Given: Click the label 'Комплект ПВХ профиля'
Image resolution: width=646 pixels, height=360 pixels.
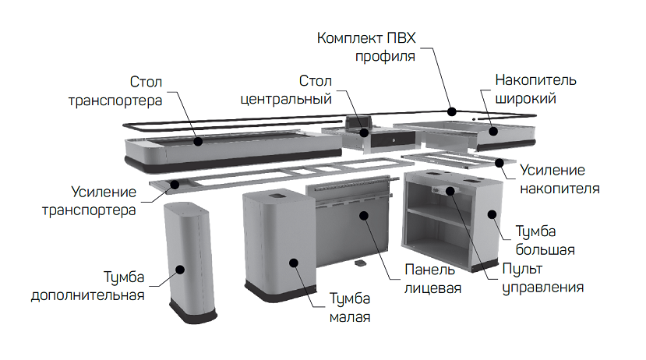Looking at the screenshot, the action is pos(366,47).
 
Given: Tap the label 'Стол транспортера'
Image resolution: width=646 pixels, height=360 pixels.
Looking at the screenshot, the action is pos(115,91).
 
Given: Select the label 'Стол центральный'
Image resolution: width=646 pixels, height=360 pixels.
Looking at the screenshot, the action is pos(286,90).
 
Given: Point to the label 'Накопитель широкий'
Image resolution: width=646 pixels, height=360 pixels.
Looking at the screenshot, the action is pos(535,89).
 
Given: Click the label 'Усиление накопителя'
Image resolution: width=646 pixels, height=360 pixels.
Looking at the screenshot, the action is pos(560,179).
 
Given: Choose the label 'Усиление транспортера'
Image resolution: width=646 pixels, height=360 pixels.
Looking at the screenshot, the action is pos(89,201).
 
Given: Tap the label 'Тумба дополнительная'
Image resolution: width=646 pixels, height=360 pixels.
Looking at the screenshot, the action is pos(88,286).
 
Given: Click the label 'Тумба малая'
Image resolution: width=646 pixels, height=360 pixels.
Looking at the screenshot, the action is pos(350,308).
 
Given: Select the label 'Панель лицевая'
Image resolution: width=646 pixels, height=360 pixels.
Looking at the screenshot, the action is pos(432,279).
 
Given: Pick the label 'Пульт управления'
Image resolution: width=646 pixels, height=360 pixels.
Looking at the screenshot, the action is pos(542,278).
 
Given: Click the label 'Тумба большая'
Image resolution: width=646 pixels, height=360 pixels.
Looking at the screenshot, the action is pos(545,241).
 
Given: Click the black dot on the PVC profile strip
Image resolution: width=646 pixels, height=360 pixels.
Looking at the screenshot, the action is pos(452,111).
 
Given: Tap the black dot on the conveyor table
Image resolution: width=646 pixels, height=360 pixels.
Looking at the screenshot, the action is pos(198,141).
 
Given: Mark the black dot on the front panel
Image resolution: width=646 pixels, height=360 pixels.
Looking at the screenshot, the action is pos(364,215).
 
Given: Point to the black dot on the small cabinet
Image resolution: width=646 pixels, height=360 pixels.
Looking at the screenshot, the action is pos(294,263).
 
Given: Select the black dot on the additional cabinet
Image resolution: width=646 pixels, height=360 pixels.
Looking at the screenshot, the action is pos(180,270).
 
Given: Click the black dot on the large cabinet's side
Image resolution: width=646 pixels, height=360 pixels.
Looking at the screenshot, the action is pos(492,214).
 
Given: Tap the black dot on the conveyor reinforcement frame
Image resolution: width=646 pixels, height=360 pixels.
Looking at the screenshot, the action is pos(175,184).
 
